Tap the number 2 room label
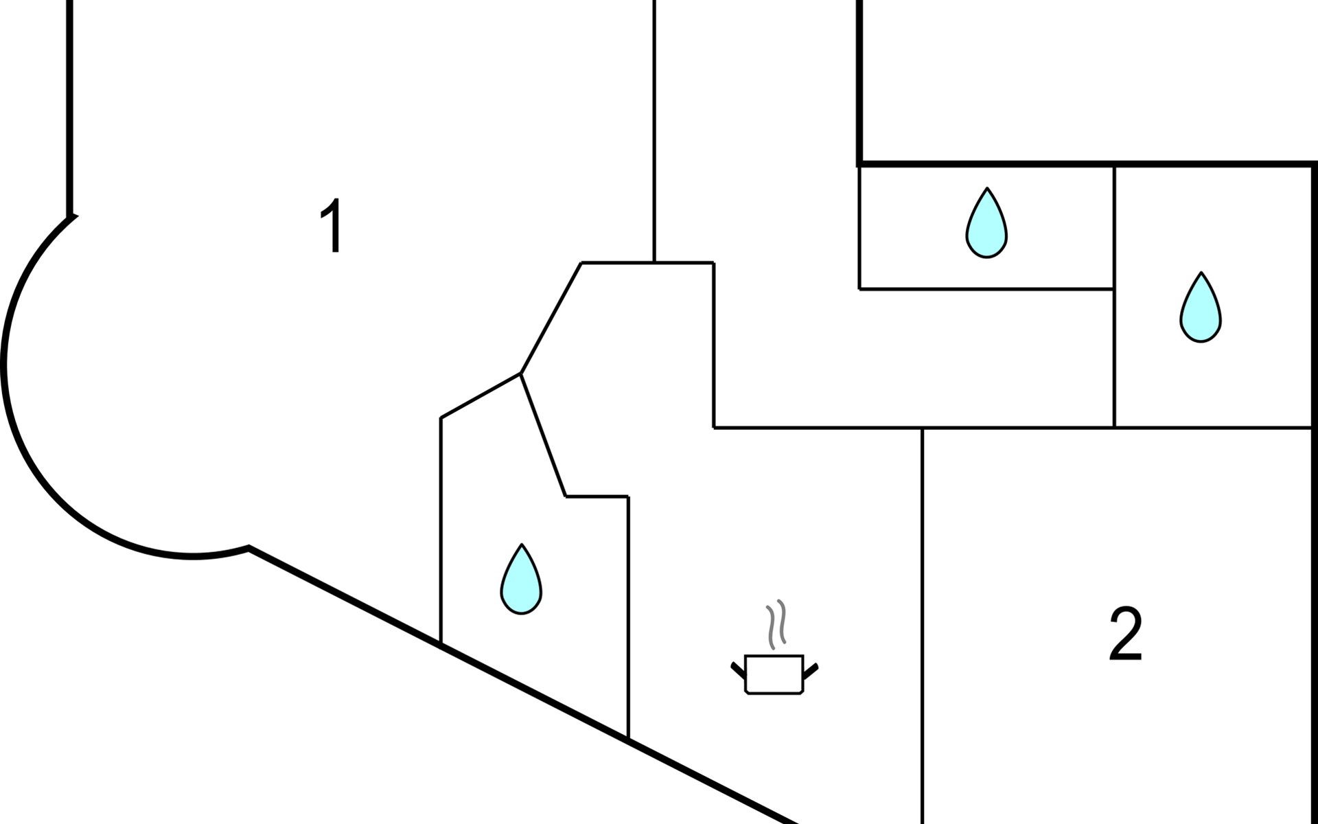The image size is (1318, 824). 1126,635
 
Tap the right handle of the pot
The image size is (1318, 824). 811,669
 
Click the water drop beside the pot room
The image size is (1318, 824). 521,582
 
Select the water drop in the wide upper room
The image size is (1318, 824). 986,226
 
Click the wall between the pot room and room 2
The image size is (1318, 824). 922,618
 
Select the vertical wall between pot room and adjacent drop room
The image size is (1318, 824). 628,618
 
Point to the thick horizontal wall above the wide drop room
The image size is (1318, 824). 1085,163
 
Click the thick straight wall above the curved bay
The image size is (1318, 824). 69,103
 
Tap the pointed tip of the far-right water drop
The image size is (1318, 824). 1201,275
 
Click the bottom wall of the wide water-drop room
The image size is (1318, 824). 986,289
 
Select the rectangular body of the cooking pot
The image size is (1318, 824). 774,674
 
